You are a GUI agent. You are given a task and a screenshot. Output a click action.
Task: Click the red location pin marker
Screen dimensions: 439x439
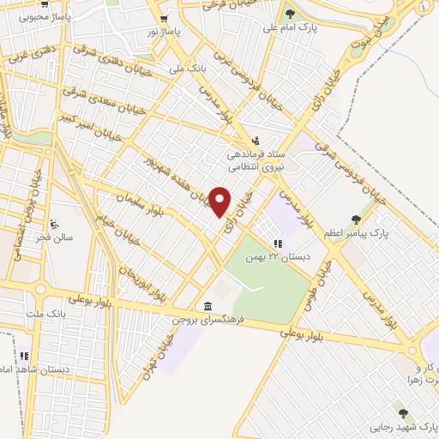220,201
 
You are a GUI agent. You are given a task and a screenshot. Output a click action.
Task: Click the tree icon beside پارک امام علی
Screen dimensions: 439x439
291,13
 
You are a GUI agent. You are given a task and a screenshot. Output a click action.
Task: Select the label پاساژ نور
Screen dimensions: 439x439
165,31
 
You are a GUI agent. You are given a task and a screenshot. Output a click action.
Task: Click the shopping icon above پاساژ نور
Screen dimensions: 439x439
164,18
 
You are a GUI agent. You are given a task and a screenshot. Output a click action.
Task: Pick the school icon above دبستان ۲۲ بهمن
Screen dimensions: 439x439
277,244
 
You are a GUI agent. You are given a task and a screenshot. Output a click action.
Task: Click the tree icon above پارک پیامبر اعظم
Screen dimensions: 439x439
356,219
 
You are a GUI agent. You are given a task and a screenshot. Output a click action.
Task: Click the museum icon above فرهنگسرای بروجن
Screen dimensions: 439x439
208,306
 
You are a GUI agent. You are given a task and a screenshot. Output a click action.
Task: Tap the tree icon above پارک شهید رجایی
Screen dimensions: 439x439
403,413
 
